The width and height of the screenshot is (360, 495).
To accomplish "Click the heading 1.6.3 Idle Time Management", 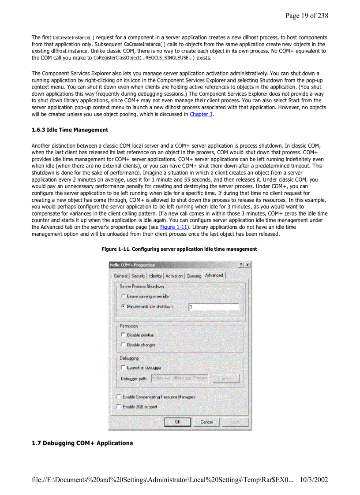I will tap(70, 130).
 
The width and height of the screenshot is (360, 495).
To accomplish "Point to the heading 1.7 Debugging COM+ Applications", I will tap(82, 443).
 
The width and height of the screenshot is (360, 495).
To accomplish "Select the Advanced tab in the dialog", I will tap(214, 275).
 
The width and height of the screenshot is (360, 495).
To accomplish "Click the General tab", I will tap(121, 276).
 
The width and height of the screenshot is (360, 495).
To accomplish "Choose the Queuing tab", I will tap(194, 276).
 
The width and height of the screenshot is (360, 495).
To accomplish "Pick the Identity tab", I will tap(155, 276).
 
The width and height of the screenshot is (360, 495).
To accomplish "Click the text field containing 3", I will tap(214, 307).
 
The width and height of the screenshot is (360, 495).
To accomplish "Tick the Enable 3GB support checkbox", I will tap(119, 407).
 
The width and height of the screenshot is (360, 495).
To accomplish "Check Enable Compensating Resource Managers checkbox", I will tap(119, 397).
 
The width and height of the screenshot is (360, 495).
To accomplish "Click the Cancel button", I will tap(206, 422).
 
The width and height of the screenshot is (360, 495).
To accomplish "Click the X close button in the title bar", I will tap(247, 264).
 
